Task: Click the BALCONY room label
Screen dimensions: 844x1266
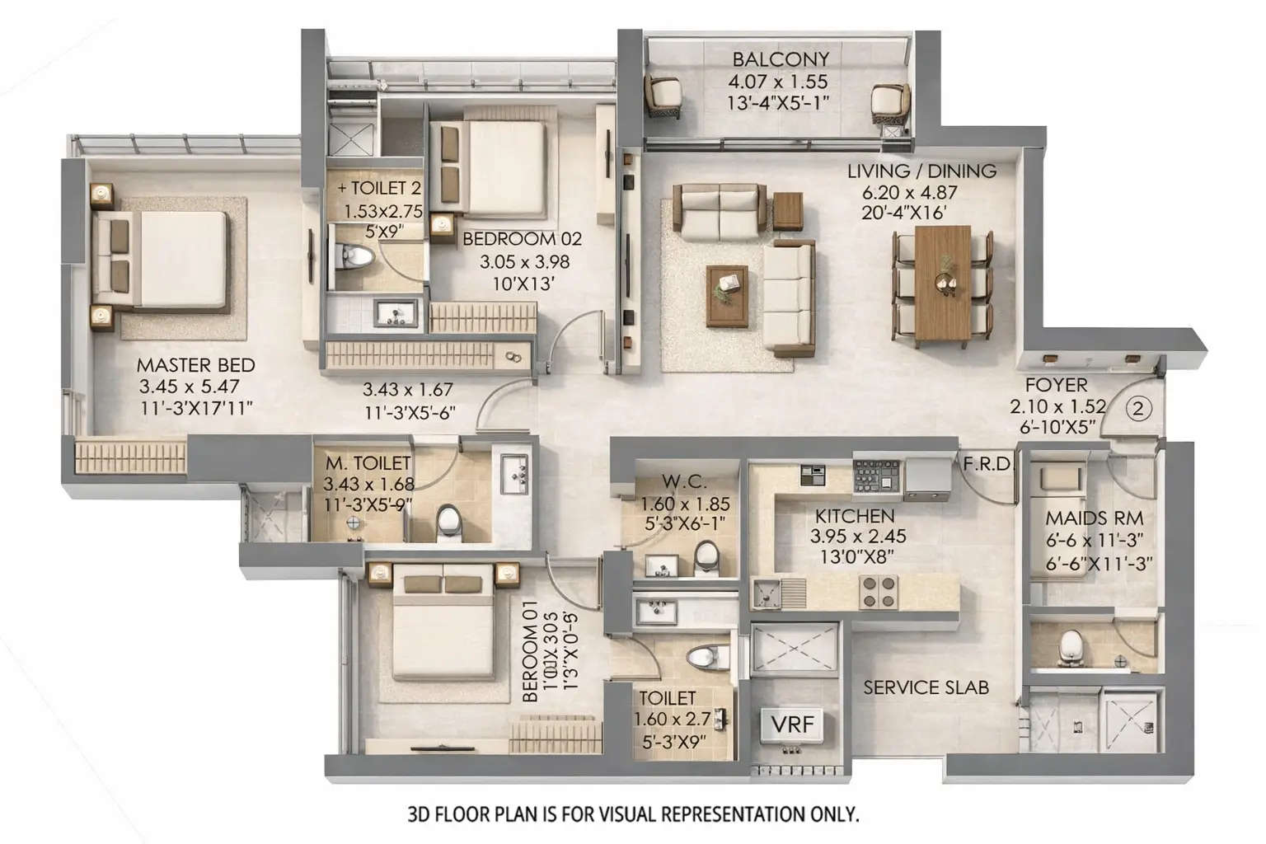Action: coord(781,59)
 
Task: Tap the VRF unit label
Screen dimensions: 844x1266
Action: coord(792,724)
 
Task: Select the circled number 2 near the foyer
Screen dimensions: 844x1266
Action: coord(1139,409)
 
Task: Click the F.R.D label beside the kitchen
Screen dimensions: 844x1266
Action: coord(987,464)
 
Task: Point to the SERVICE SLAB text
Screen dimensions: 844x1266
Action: coord(926,687)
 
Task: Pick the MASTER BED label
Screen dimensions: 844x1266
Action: coord(195,365)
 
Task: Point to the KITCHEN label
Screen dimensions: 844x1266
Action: coord(855,516)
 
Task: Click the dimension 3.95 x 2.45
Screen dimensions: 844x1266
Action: coord(858,536)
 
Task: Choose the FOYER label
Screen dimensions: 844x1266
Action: coord(1056,385)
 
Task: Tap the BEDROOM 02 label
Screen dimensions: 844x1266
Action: coord(522,239)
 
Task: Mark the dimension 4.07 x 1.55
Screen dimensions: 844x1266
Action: coord(777,82)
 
